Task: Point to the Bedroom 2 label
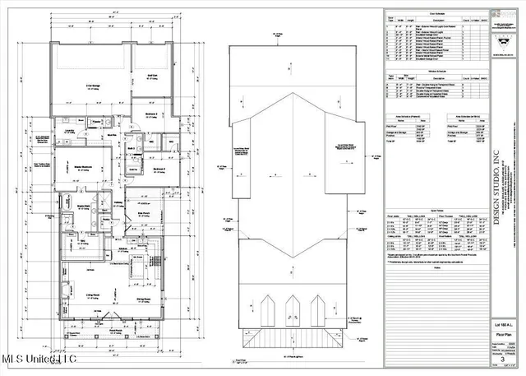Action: pos(159,169)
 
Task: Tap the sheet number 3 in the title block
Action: pos(502,360)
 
